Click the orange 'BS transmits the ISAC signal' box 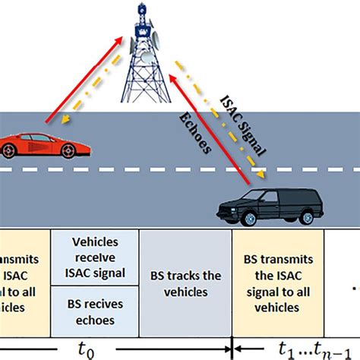[277, 281]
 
